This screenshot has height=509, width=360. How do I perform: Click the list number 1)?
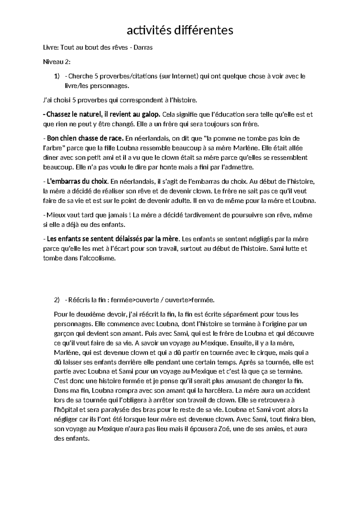pos(57,76)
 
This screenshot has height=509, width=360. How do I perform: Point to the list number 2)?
pos(57,300)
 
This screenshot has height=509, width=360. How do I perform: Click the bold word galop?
pos(152,114)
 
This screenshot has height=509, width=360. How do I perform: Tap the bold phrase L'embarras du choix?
pos(78,181)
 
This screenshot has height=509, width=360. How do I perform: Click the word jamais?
pos(117,215)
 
